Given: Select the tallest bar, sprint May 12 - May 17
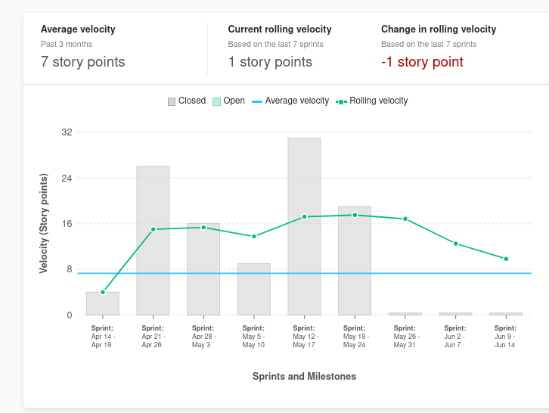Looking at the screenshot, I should pyautogui.click(x=304, y=226).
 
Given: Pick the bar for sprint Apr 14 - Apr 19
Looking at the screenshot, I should pyautogui.click(x=103, y=303).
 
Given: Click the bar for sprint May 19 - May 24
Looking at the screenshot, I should pyautogui.click(x=355, y=261).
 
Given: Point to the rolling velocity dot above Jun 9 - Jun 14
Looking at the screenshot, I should pyautogui.click(x=506, y=259).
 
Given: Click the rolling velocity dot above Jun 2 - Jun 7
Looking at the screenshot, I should pyautogui.click(x=455, y=244).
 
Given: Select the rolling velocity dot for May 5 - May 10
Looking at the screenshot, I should pyautogui.click(x=254, y=236).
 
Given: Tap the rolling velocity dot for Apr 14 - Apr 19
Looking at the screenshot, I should pyautogui.click(x=103, y=292).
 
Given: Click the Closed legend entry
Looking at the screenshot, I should pyautogui.click(x=187, y=101).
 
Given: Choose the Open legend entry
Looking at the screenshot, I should pyautogui.click(x=228, y=101).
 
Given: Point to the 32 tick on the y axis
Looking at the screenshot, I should pyautogui.click(x=67, y=132).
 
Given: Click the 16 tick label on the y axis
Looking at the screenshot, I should pyautogui.click(x=67, y=224).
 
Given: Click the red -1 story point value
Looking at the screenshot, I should pyautogui.click(x=422, y=62).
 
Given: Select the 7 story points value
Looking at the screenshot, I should pyautogui.click(x=83, y=62).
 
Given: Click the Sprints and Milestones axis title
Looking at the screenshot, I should pyautogui.click(x=304, y=376).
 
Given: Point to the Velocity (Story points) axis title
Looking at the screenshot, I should pyautogui.click(x=44, y=223).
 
